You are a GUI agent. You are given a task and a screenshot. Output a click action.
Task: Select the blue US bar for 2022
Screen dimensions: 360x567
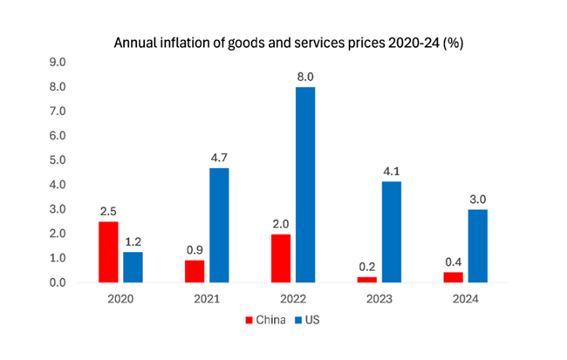(304, 185)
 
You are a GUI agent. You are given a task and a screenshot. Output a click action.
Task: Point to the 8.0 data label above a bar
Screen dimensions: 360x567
(304, 77)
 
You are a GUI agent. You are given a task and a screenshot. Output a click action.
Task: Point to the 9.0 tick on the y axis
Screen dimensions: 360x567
(58, 63)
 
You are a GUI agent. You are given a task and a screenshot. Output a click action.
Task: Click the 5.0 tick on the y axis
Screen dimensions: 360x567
(58, 160)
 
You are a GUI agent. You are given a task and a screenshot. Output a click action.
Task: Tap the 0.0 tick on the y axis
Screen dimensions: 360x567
(58, 283)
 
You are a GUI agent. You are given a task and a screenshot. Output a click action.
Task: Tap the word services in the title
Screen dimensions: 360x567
(338, 42)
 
